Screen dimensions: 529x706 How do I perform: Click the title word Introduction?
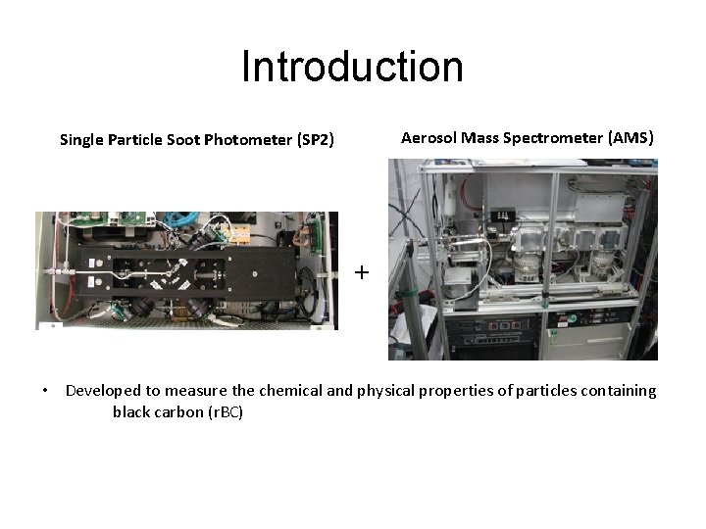[x=352, y=67]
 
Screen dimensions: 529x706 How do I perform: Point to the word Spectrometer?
[x=553, y=138]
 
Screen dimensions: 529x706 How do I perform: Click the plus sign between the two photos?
[x=362, y=272]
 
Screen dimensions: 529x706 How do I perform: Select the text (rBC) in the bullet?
[x=224, y=412]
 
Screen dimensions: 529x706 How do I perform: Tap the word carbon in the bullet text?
[x=177, y=412]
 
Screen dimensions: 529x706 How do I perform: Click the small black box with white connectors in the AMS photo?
[x=505, y=216]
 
